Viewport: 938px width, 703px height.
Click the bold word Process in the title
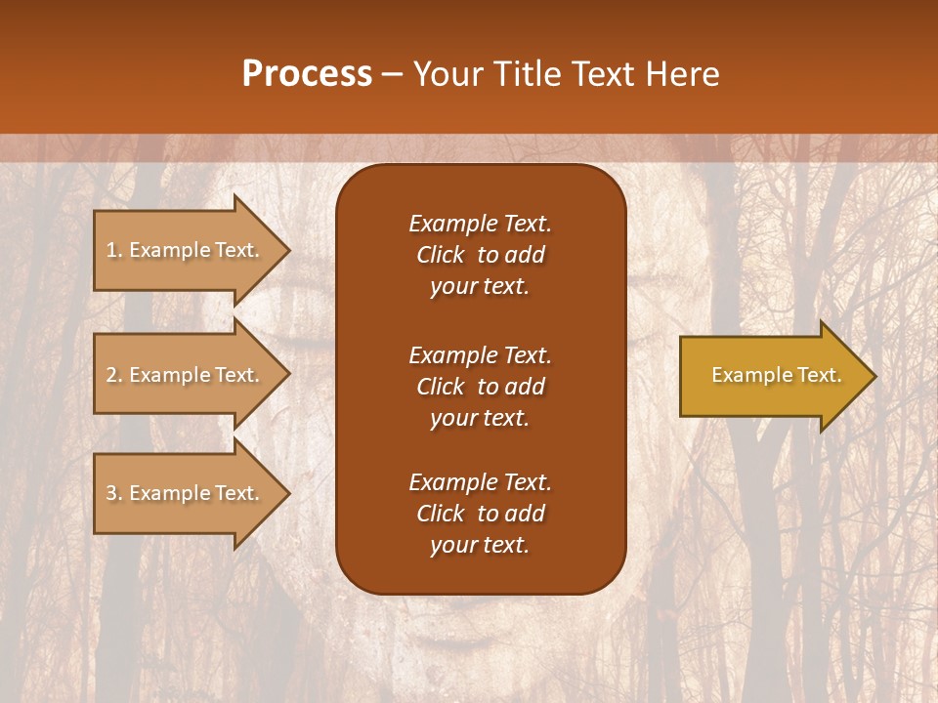point(307,74)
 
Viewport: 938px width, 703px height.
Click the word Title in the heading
point(525,74)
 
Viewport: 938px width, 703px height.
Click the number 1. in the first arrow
point(114,250)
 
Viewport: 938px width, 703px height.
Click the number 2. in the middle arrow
point(114,375)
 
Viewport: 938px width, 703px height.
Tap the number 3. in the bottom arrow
point(114,493)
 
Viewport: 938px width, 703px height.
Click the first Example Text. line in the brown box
point(480,224)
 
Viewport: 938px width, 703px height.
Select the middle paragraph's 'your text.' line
point(480,418)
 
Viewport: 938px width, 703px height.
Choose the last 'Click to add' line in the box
point(480,514)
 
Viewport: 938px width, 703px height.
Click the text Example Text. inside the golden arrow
point(776,375)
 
